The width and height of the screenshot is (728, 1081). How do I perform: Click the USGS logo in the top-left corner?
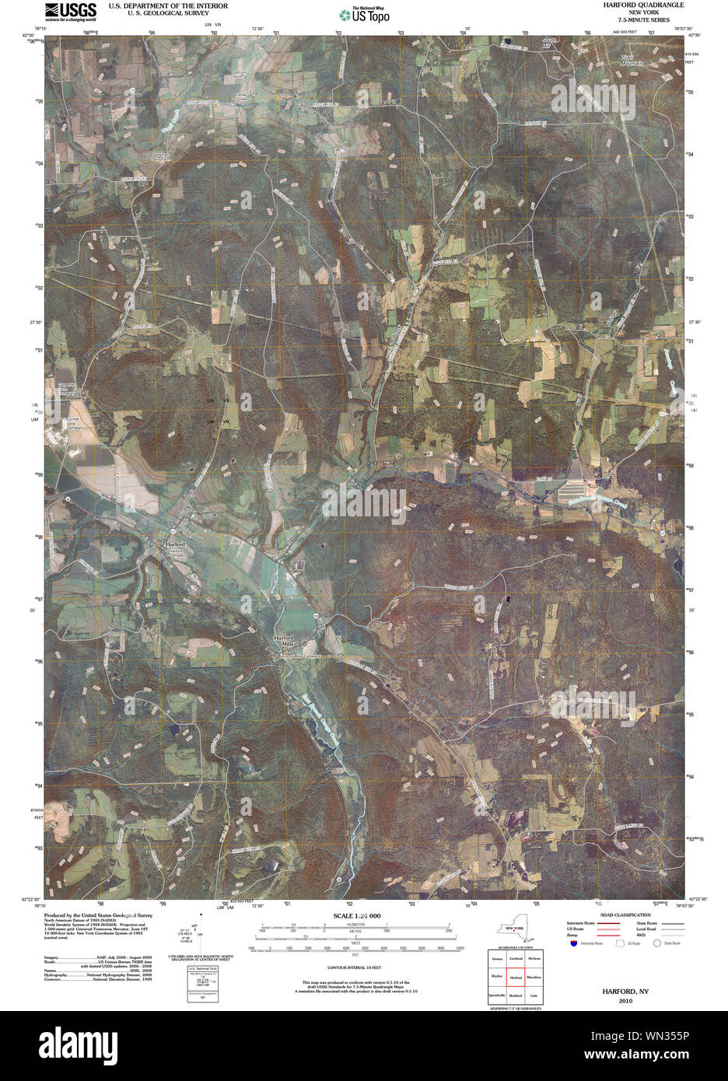pos(71,11)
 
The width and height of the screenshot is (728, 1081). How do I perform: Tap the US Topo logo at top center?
pos(364,14)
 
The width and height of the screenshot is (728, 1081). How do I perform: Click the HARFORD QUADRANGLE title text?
pos(642,5)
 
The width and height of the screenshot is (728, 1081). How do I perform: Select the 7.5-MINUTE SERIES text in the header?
pos(642,19)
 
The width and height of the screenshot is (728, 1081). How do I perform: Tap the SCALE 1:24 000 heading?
pos(357,916)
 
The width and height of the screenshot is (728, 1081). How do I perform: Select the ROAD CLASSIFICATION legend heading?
pos(625,915)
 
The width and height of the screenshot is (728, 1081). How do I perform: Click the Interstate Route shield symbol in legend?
pos(574,943)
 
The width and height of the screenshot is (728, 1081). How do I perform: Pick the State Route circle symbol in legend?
pos(657,943)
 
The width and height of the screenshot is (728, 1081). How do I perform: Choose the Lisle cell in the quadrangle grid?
pos(534,995)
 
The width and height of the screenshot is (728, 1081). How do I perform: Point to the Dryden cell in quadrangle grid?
pos(497,977)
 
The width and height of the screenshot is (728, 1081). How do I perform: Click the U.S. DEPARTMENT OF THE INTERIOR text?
pos(168,5)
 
